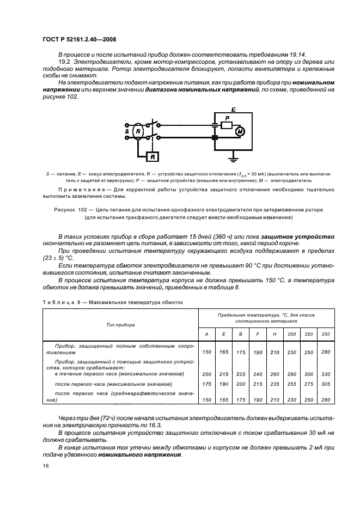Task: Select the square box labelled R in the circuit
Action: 152,157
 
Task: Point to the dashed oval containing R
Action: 138,131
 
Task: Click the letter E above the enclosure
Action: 234,110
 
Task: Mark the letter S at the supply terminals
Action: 126,131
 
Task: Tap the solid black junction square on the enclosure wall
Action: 214,138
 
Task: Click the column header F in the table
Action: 257,333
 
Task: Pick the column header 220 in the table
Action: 309,333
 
